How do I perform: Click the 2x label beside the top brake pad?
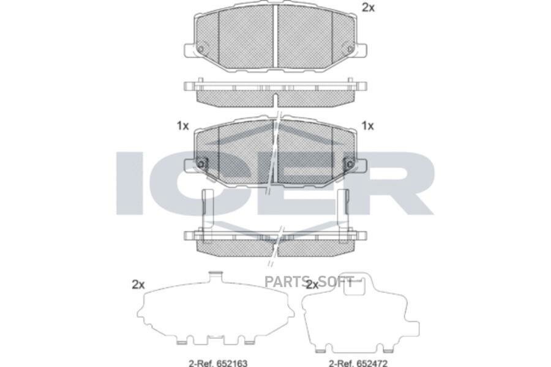[x=368, y=7]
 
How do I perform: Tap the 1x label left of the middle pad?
[x=182, y=126]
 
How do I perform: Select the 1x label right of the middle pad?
[x=367, y=126]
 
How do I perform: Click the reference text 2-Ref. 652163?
[x=218, y=363]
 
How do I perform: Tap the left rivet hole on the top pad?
[x=201, y=49]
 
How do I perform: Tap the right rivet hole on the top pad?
[x=350, y=49]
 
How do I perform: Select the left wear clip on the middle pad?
[x=201, y=164]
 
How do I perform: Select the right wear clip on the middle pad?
[x=350, y=164]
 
